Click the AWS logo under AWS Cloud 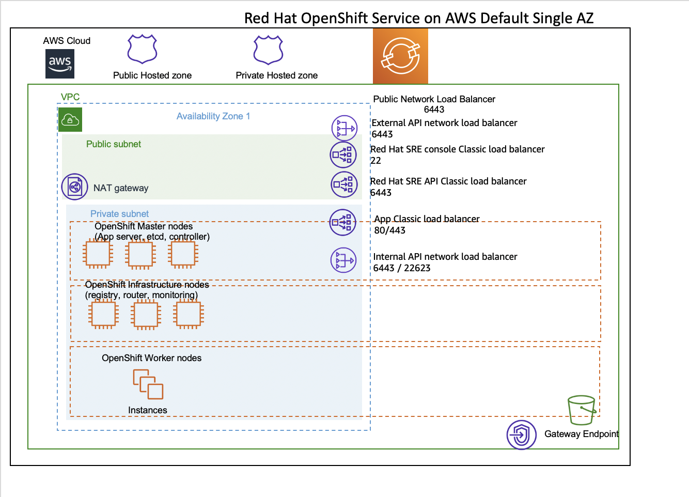tap(60, 64)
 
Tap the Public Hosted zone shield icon tap(142, 49)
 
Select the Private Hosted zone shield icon tap(268, 50)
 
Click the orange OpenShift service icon tap(400, 56)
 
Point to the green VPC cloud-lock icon tap(70, 119)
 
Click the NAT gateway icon tap(74, 187)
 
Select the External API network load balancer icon tap(344, 128)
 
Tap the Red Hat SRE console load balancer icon tap(343, 154)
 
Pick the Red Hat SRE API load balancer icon tap(344, 184)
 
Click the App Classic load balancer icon tap(342, 222)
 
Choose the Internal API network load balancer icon tap(343, 260)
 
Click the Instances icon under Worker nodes tap(148, 384)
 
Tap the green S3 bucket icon tap(582, 410)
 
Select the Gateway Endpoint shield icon tap(521, 435)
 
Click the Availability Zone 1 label tap(213, 116)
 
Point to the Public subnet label tap(114, 144)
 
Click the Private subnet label tap(119, 213)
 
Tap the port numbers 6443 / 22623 tap(401, 268)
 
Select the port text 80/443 tap(390, 230)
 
